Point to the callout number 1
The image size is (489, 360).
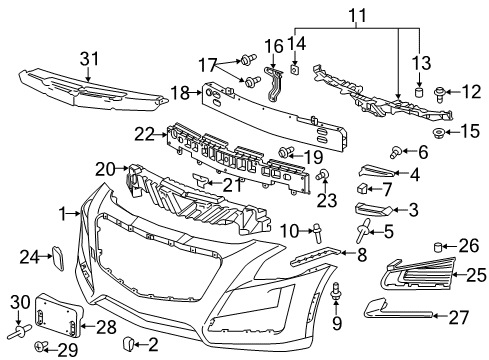click(62, 213)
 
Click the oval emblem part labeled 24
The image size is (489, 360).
click(59, 259)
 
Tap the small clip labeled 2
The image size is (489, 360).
click(129, 344)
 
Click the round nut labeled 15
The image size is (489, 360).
click(438, 132)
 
